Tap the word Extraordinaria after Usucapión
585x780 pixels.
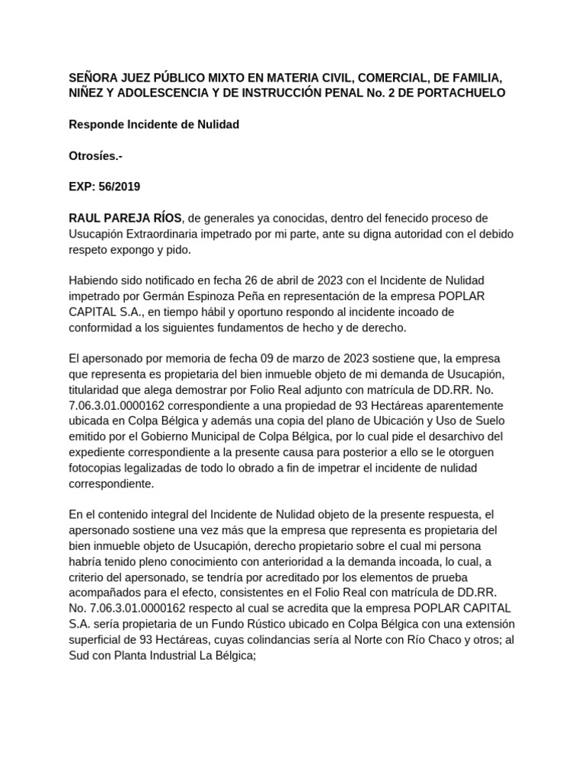174,234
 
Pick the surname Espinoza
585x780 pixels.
211,296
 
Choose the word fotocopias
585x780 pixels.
95,468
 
